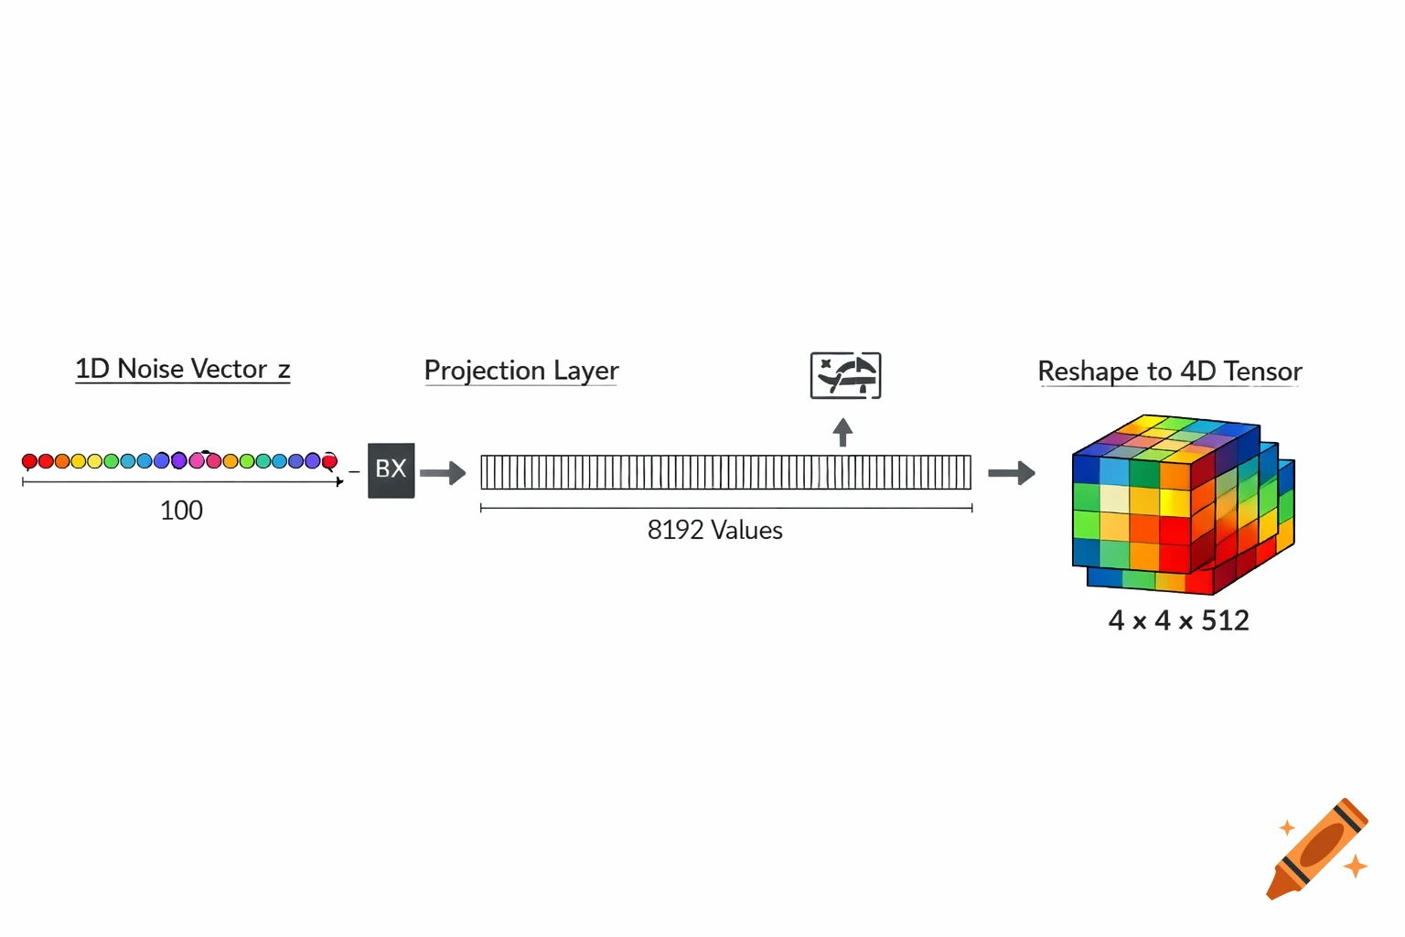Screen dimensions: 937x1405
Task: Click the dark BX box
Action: tap(391, 470)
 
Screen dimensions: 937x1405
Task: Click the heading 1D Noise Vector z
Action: tap(182, 369)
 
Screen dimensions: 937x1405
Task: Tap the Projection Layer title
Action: tap(521, 371)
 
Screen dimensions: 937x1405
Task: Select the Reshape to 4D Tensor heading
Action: tap(1169, 372)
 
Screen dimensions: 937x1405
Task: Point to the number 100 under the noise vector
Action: tap(181, 511)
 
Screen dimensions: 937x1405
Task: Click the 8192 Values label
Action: tap(714, 531)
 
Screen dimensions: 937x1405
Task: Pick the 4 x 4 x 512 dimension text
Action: tap(1178, 621)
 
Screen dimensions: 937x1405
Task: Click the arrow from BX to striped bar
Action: tap(443, 473)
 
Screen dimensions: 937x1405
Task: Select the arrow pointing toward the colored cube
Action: tap(1011, 473)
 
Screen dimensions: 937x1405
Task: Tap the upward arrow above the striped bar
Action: tap(842, 432)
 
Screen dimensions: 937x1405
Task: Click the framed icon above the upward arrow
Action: tap(845, 375)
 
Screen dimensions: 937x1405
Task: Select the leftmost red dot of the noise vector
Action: tap(29, 461)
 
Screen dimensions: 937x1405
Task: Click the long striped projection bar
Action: tap(725, 472)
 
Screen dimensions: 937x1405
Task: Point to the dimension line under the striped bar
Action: tap(725, 508)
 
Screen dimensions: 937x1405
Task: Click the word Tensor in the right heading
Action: tap(1262, 372)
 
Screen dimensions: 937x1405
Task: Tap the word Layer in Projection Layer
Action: tap(585, 371)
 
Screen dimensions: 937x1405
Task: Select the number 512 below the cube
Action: tap(1225, 621)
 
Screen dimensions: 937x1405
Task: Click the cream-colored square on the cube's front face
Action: tap(1114, 498)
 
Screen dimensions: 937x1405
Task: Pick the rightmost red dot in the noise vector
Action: tap(329, 461)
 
